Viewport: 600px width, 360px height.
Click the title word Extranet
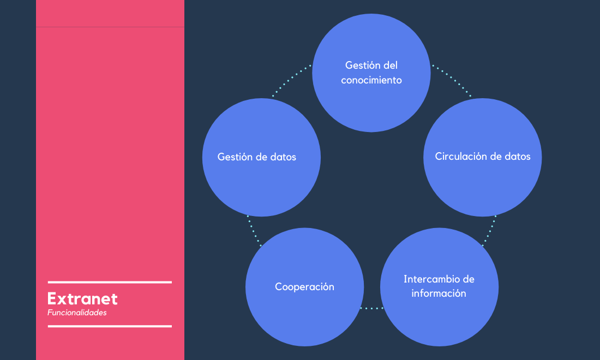[x=82, y=299]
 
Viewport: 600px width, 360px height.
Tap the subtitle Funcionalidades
[x=77, y=313]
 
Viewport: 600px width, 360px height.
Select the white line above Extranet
[x=110, y=283]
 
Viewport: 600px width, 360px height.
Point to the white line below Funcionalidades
[x=110, y=326]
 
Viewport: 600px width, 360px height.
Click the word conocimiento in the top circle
[x=371, y=80]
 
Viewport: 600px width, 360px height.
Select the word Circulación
[x=461, y=156]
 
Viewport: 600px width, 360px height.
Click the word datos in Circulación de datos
[x=517, y=156]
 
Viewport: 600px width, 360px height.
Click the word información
[x=439, y=293]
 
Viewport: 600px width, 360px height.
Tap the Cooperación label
[x=304, y=286]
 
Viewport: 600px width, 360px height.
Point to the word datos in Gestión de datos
[x=283, y=157]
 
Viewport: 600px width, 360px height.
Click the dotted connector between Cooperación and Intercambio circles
[x=371, y=308]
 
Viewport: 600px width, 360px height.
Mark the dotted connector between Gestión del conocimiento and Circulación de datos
[x=452, y=80]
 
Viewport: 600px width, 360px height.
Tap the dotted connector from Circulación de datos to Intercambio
[x=489, y=231]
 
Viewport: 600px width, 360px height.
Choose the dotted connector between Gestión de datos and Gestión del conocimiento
[x=292, y=80]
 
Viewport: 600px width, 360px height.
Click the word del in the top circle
[x=391, y=65]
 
